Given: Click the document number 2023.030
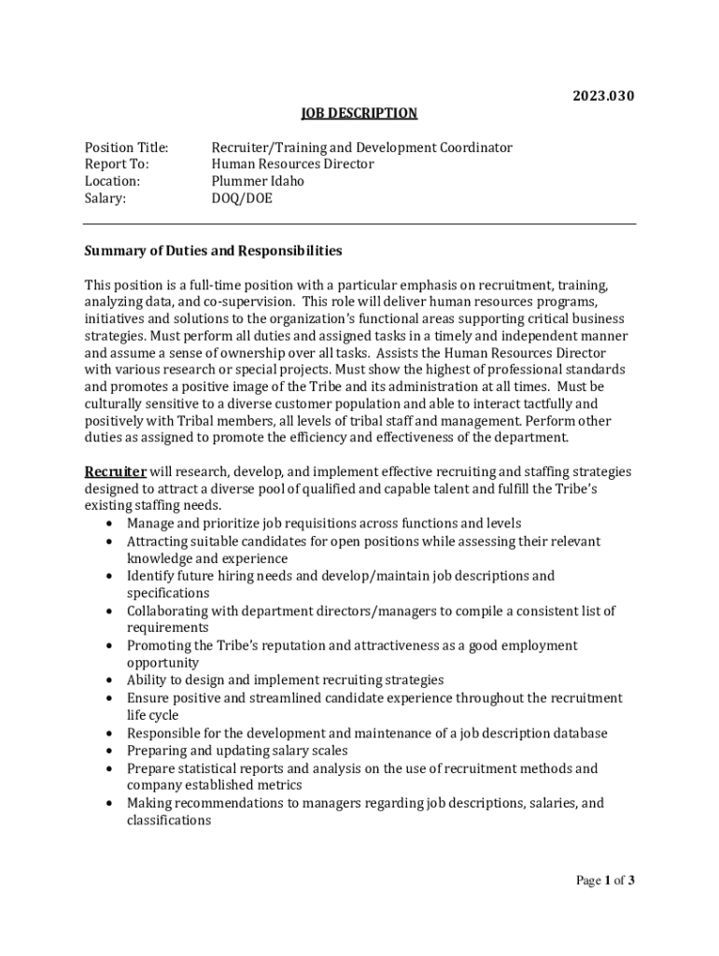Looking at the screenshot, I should [603, 95].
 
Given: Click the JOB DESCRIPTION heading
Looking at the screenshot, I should [359, 113].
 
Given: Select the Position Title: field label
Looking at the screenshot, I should [126, 148].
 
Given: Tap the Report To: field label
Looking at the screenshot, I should [117, 164].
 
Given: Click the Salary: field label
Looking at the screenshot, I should [106, 198].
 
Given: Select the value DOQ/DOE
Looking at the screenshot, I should [242, 198].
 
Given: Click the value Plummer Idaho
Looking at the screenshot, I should [258, 181].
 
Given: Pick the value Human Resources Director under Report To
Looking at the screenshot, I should [292, 164].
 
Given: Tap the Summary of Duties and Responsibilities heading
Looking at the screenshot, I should [213, 251].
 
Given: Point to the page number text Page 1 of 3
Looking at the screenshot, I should [605, 879].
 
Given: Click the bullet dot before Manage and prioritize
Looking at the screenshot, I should [111, 524].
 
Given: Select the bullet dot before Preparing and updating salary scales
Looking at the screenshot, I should [111, 751].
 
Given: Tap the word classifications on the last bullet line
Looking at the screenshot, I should [169, 821].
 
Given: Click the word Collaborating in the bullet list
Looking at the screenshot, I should [169, 612].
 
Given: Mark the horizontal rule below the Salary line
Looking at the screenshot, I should [359, 224].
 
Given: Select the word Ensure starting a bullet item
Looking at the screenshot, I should [148, 698].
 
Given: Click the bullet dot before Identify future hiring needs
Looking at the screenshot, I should [111, 576].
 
